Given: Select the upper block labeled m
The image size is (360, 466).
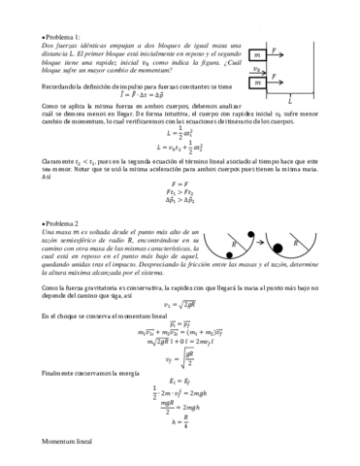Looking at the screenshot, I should pos(257,55).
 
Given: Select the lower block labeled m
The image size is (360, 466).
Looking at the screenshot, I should pos(257,83).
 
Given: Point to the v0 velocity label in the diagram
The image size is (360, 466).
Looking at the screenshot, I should pos(254,69).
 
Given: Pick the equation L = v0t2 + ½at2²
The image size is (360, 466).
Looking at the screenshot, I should pos(180,149).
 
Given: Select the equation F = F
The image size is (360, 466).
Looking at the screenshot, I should pos(180,182).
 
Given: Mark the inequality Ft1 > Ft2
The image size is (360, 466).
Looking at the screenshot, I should pos(180,192).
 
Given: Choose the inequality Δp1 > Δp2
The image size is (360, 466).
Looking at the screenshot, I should pos(180,203).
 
